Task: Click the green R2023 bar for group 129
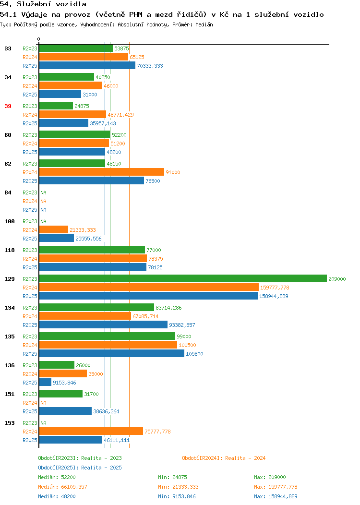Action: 183,278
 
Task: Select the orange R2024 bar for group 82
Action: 101,172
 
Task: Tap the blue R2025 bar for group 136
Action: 45,382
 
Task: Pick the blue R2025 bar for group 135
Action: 112,354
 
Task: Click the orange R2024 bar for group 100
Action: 53,229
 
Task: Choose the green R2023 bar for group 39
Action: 56,106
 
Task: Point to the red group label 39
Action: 8,106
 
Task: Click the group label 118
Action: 10,250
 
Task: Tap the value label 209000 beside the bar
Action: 337,279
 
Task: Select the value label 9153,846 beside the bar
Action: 64,383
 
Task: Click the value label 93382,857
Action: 182,325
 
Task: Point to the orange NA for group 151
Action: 44,403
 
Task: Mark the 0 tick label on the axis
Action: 39,39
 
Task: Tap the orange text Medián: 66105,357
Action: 62,487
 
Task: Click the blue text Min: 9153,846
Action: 177,496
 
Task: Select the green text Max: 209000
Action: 270,477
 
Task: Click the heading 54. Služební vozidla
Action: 43,4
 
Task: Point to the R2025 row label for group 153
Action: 30,440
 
